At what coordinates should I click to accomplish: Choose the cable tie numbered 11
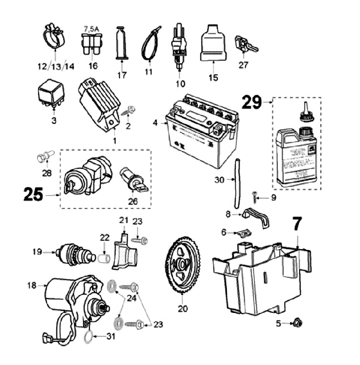click(x=149, y=42)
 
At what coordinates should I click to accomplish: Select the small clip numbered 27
click(x=245, y=43)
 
